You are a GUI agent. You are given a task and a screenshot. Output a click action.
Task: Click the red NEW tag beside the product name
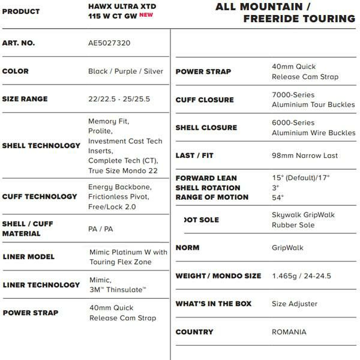147,16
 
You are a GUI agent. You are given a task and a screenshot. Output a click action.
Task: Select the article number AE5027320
109,43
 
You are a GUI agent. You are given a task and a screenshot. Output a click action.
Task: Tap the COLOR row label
16,71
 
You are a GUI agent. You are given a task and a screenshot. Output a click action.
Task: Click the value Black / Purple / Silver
125,71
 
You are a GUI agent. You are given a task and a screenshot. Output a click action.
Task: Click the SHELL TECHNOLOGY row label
41,145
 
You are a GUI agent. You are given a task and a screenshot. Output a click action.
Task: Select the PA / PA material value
100,229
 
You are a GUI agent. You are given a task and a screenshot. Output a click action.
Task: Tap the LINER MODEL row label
28,257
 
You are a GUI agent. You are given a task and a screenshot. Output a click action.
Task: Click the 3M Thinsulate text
118,290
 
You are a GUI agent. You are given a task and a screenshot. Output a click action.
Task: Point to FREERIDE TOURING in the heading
299,19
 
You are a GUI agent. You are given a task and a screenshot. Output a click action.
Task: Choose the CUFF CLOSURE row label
205,100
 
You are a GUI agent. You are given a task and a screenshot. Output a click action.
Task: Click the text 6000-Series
293,122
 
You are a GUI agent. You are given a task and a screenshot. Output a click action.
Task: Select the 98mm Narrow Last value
304,155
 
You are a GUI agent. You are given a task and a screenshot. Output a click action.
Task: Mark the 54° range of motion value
278,197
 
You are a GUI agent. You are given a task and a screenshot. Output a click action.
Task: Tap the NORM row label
188,248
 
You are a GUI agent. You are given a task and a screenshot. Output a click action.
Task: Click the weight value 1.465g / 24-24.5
301,276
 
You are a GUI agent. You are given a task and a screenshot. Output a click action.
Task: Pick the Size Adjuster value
295,304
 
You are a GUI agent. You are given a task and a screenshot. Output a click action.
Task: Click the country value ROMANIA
289,332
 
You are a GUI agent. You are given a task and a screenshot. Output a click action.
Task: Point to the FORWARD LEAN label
206,178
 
